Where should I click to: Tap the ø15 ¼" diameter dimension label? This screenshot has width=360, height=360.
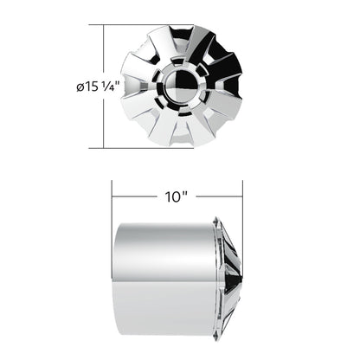click(98, 86)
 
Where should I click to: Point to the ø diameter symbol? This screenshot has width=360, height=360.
click(79, 87)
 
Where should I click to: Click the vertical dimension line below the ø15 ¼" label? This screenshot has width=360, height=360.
click(104, 121)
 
